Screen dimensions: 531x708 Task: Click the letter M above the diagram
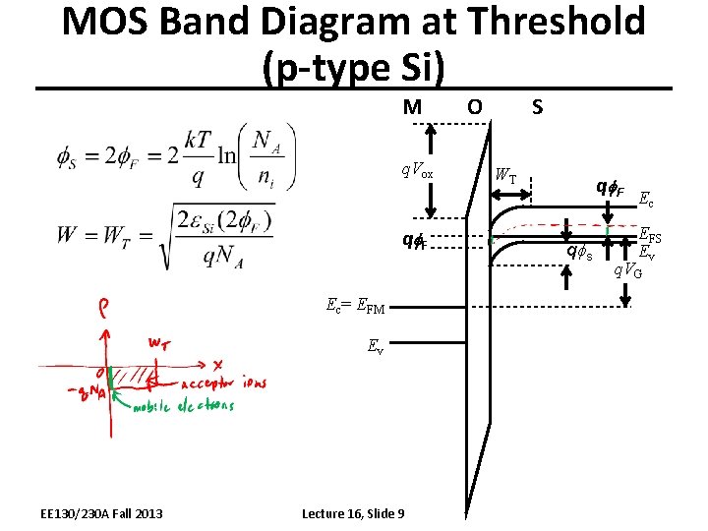tap(413, 105)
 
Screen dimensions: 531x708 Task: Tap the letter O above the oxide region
tap(474, 105)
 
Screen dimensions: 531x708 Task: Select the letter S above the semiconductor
tap(537, 105)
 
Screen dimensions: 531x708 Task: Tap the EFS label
tap(650, 236)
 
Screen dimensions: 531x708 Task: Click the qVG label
tap(629, 270)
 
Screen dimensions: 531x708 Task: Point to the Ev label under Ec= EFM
tap(375, 345)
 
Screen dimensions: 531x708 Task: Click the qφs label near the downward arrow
tap(580, 253)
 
